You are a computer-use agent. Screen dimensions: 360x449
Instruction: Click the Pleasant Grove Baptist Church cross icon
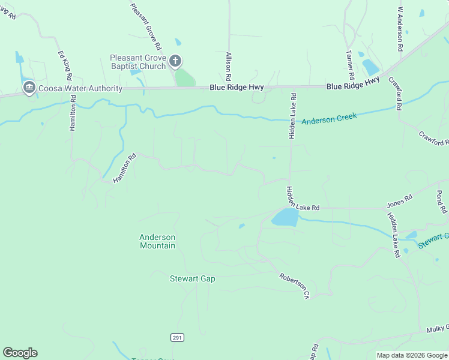click(x=175, y=61)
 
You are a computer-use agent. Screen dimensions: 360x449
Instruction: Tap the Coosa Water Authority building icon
click(x=28, y=88)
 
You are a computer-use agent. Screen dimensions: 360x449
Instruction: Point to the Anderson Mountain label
click(x=157, y=241)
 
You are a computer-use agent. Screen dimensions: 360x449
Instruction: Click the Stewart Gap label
click(x=192, y=278)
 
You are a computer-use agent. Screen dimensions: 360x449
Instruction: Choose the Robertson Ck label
click(x=294, y=286)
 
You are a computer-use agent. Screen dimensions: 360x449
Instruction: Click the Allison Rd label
click(x=228, y=66)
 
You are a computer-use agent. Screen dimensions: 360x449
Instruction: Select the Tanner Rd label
click(x=350, y=65)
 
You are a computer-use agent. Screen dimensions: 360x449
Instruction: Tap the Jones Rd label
click(x=400, y=199)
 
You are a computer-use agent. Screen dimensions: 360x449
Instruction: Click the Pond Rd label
click(x=441, y=202)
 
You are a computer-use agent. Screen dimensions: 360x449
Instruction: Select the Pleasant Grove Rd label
click(x=146, y=26)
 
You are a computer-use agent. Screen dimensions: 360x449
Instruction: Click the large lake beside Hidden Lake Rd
click(x=286, y=217)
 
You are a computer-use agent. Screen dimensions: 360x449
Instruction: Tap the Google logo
click(x=20, y=353)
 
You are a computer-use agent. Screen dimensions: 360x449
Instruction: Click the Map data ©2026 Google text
click(x=411, y=355)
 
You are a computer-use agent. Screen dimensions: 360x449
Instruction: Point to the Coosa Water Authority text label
click(x=80, y=89)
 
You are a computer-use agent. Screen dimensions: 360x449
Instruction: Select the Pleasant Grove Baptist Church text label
click(x=137, y=62)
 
